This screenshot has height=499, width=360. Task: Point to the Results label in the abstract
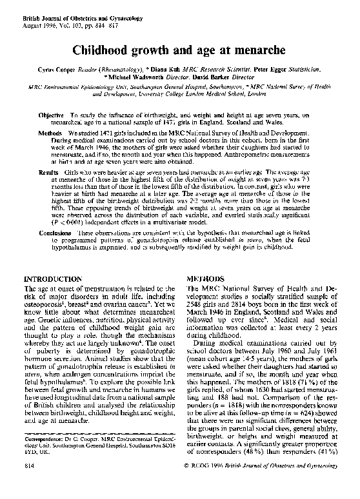click(49, 173)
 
